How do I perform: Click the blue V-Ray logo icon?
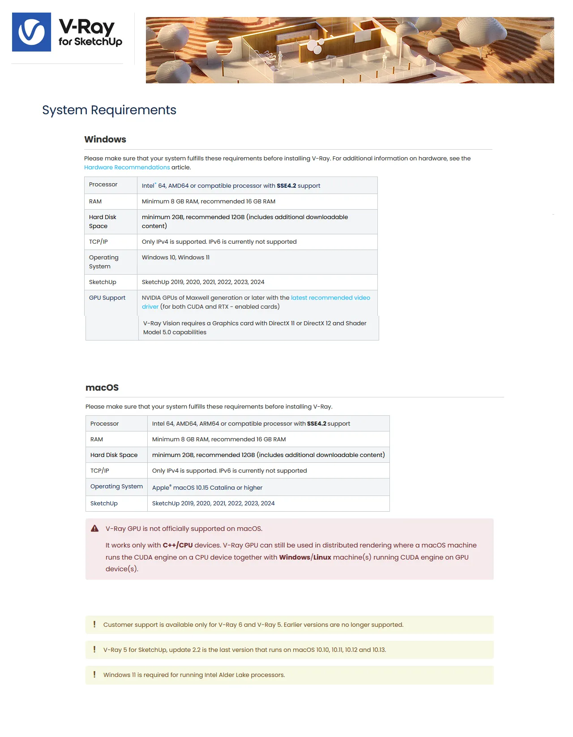[x=31, y=32]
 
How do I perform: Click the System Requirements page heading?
[x=109, y=110]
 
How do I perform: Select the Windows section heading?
[x=105, y=139]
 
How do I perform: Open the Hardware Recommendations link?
[x=127, y=168]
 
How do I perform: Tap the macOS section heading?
[x=102, y=388]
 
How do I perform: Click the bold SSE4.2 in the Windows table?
[x=286, y=186]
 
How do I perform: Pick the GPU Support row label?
[x=107, y=298]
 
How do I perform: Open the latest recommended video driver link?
[x=330, y=298]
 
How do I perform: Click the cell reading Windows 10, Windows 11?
[x=175, y=258]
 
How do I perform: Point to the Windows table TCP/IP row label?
[x=98, y=242]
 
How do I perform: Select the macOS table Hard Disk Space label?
[x=114, y=455]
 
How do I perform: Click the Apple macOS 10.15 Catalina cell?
[x=207, y=488]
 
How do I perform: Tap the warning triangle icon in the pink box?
[x=94, y=529]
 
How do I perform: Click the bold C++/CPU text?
[x=178, y=545]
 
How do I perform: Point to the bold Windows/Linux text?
[x=305, y=557]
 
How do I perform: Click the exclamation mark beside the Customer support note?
[x=94, y=625]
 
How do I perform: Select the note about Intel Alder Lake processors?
[x=194, y=675]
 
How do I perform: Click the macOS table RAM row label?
[x=97, y=440]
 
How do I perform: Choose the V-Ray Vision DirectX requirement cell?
[x=254, y=328]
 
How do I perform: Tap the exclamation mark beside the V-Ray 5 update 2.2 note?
[x=94, y=650]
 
